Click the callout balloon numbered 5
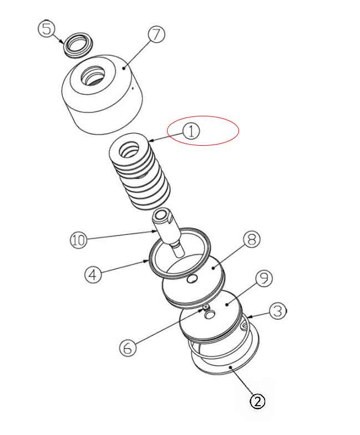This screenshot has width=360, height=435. point(47,29)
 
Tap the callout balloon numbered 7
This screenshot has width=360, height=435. point(156,35)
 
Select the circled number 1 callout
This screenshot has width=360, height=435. point(191,131)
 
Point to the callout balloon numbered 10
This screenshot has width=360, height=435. point(79,240)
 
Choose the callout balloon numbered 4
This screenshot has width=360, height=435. point(93,275)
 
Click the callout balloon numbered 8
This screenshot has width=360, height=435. point(252,239)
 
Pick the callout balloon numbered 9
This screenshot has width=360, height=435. point(263,278)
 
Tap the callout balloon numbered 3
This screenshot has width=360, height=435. point(278,311)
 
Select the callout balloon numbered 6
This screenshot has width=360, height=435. point(128,347)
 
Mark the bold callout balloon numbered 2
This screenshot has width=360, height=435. point(257,401)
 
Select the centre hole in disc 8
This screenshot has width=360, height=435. point(192,279)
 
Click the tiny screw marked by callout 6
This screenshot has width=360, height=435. point(206,308)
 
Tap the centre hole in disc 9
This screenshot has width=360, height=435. point(210,314)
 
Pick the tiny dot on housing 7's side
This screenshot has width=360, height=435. point(133,89)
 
